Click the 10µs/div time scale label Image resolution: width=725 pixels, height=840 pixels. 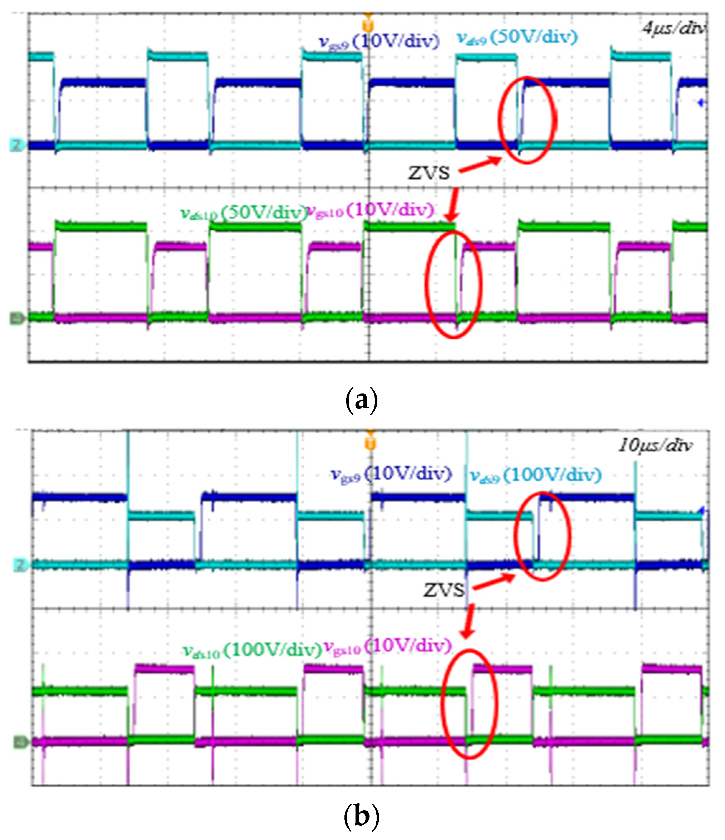click(655, 445)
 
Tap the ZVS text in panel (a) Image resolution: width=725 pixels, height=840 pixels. click(429, 173)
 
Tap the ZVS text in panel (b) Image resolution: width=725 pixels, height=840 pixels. click(444, 590)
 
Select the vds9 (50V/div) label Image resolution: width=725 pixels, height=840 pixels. click(517, 37)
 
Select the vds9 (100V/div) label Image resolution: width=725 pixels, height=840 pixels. click(536, 475)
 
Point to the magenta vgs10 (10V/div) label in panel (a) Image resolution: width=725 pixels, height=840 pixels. click(369, 210)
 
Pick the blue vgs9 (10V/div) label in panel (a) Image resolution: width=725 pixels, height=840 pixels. click(379, 41)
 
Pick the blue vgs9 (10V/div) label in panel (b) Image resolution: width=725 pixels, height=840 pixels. click(391, 473)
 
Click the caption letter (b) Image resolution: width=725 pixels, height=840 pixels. click(362, 816)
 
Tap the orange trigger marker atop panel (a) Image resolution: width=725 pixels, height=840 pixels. click(368, 25)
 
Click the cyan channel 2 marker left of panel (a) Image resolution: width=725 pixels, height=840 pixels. click(16, 145)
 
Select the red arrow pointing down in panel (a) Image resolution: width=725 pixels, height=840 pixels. click(454, 205)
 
